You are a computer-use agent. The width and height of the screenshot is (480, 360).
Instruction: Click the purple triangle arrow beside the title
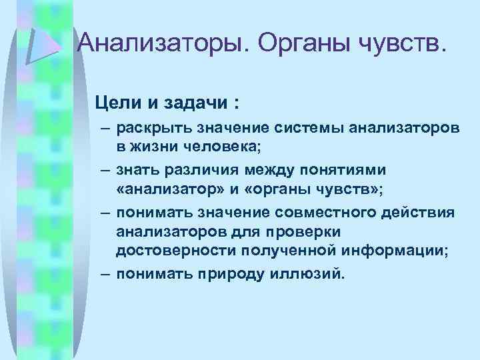(x=43, y=40)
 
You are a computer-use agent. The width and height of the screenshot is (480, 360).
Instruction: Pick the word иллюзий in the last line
(x=309, y=273)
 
